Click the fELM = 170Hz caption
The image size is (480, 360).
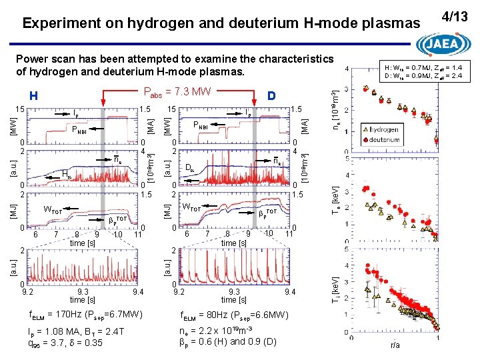pyautogui.click(x=86, y=313)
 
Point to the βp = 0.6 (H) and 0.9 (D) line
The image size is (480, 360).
pyautogui.click(x=228, y=343)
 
